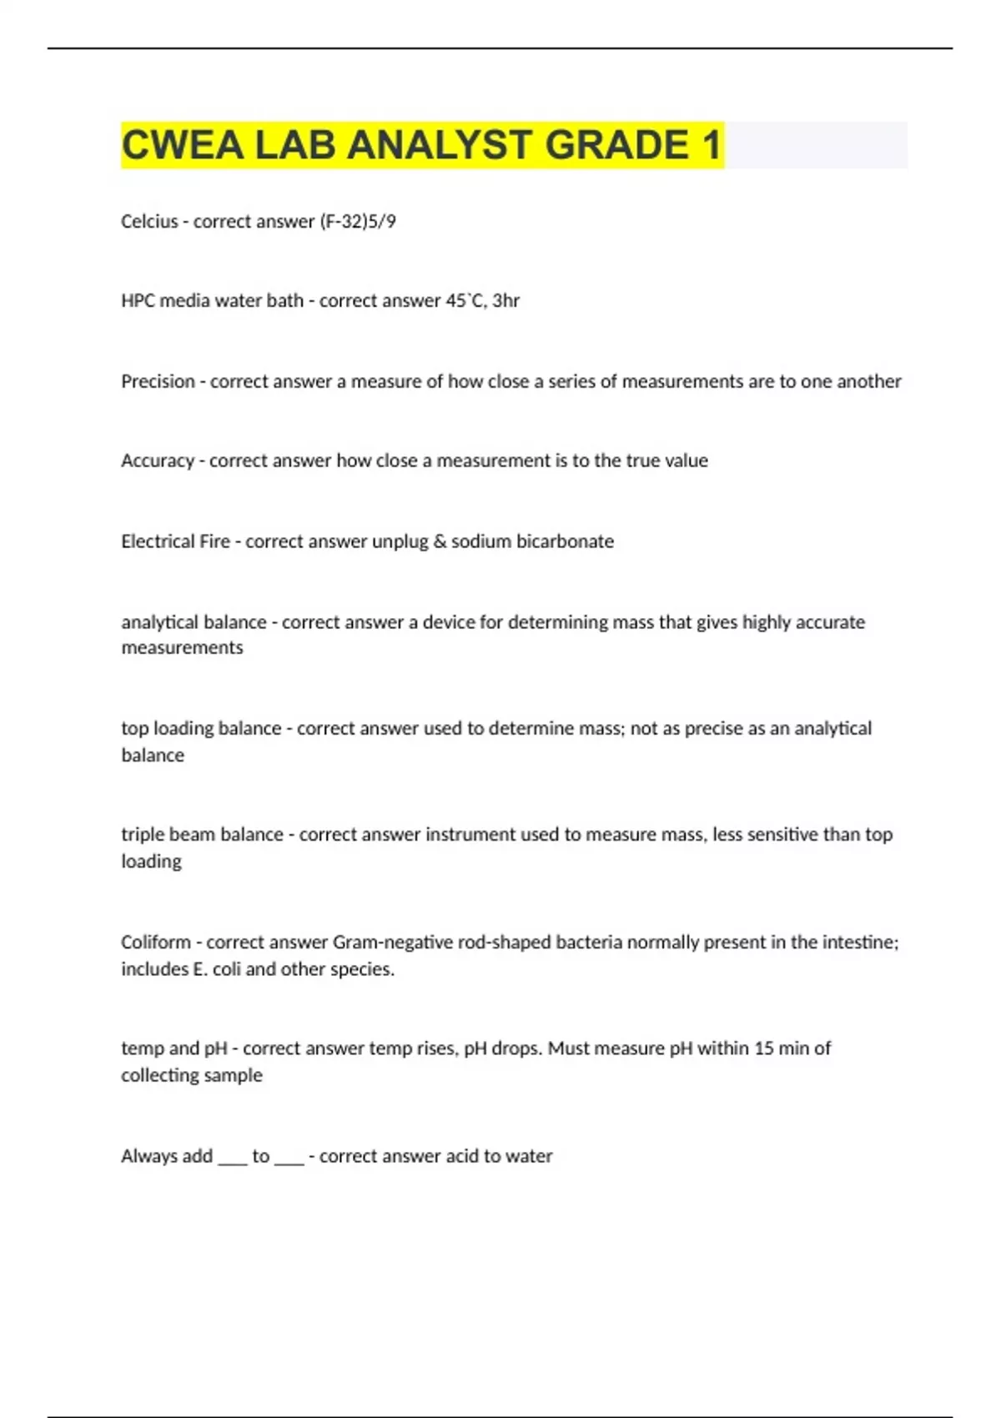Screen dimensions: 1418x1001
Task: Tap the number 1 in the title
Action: [x=711, y=145]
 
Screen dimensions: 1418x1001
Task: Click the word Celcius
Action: [x=149, y=221]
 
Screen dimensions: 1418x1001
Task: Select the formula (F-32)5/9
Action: [x=358, y=221]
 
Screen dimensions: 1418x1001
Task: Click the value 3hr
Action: [x=506, y=300]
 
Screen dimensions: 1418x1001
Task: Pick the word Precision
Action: [x=158, y=381]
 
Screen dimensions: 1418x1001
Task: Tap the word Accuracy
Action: [x=157, y=460]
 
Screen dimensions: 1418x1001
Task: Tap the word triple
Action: [x=143, y=835]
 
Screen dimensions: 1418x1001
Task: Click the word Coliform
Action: [x=156, y=943]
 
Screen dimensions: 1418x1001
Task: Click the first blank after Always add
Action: [x=233, y=1159]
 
